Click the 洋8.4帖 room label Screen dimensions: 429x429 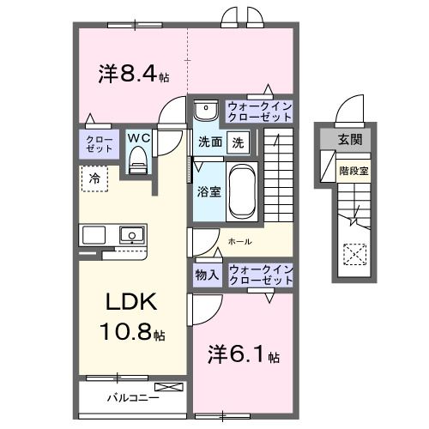coord(133,74)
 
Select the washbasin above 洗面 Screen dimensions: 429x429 coord(206,112)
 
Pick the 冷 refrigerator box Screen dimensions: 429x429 coord(95,178)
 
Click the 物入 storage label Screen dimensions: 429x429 coord(207,275)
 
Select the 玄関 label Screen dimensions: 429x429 coord(348,139)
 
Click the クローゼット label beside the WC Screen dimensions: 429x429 coord(96,143)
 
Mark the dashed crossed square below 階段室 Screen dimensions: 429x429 coord(353,254)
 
